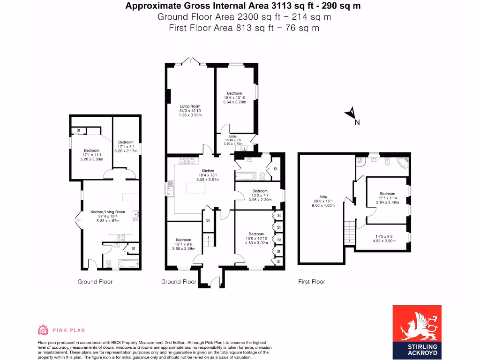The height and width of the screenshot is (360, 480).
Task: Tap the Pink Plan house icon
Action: [x=43, y=330]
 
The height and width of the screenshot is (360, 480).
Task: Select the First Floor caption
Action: [x=311, y=282]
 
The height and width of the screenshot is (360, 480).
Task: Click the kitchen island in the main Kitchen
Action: [x=199, y=188]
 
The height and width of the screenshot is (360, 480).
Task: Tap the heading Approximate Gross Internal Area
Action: [x=243, y=6]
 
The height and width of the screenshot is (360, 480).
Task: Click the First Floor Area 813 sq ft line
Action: [x=244, y=28]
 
